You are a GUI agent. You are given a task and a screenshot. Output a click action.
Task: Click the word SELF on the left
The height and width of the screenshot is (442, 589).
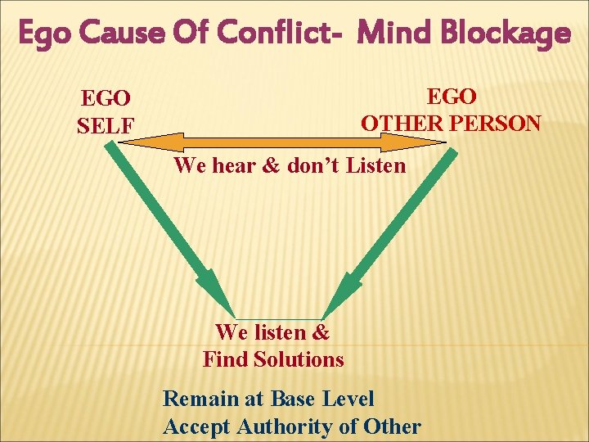coord(105,126)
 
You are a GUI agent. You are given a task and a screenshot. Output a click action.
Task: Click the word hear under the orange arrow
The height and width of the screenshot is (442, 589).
coord(236,165)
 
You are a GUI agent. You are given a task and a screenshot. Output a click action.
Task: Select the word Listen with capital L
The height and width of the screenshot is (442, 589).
coord(376,165)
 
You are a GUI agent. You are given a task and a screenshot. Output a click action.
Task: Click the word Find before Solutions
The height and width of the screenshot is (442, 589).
coord(226,359)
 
